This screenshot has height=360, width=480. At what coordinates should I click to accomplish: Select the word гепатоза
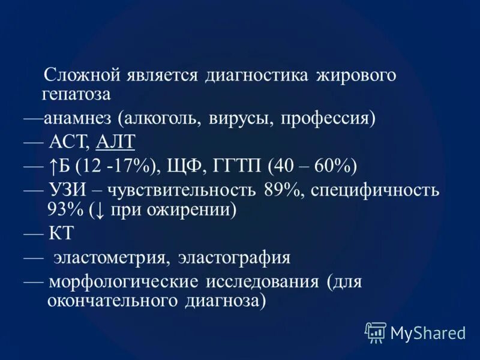point(76,95)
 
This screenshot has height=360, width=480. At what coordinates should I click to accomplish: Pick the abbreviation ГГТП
point(233,165)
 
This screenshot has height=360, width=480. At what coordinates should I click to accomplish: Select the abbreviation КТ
point(57,233)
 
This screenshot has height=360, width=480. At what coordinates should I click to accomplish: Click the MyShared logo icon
point(374,331)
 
